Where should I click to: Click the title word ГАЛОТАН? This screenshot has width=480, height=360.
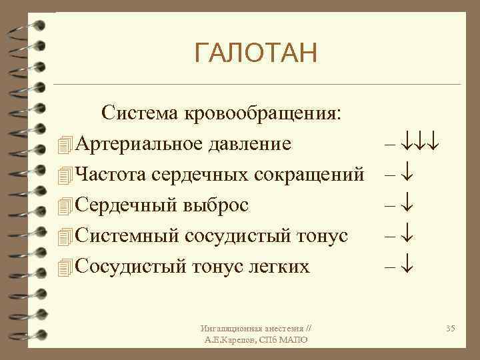[x=256, y=53]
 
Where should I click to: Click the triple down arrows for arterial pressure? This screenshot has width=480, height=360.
[x=418, y=145]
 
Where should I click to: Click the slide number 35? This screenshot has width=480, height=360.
[x=450, y=329]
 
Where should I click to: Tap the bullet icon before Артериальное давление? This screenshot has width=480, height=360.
[x=64, y=145]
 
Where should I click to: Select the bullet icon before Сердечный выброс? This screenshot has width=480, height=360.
[x=64, y=206]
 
